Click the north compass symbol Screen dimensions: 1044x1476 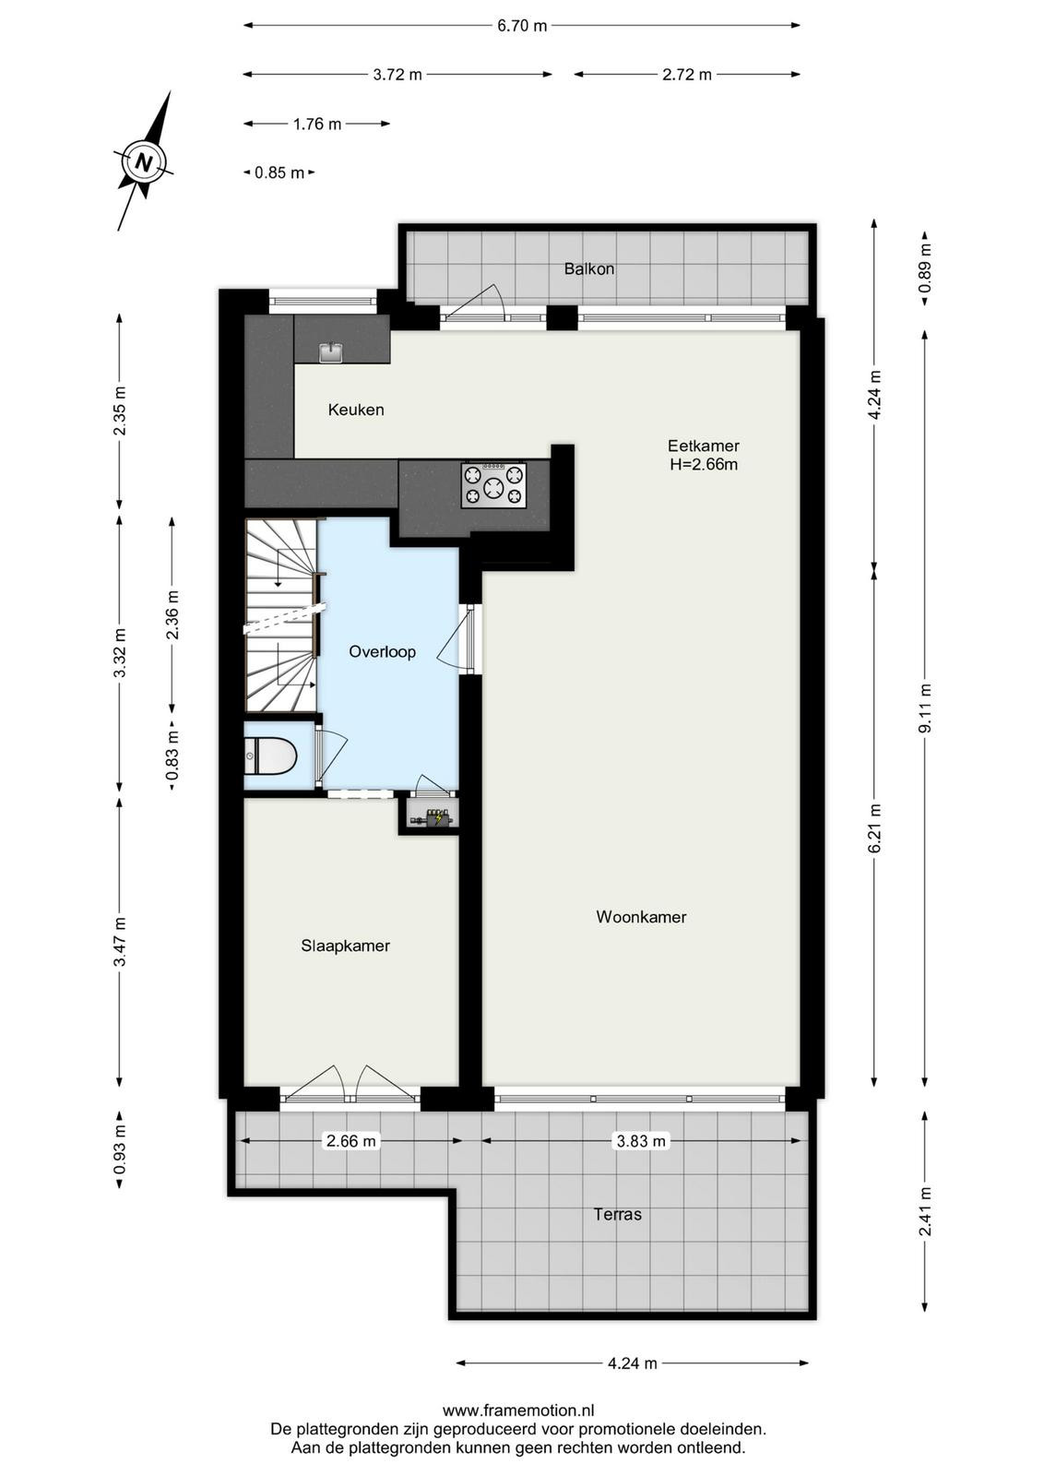pyautogui.click(x=144, y=161)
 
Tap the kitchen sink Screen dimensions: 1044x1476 pyautogui.click(x=331, y=351)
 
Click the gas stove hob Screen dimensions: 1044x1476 pyautogui.click(x=494, y=485)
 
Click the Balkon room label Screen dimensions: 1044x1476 pyautogui.click(x=588, y=268)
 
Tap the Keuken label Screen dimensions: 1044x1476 pyautogui.click(x=356, y=410)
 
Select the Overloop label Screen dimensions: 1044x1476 pyautogui.click(x=382, y=651)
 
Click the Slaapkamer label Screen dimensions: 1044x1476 pyautogui.click(x=345, y=946)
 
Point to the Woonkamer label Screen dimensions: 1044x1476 pyautogui.click(x=641, y=917)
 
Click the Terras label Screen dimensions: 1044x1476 pyautogui.click(x=617, y=1214)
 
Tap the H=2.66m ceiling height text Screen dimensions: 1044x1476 pyautogui.click(x=704, y=465)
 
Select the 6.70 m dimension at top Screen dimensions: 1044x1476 pyautogui.click(x=522, y=26)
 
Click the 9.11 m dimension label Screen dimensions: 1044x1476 pyautogui.click(x=925, y=708)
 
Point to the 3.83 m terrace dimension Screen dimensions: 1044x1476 pyautogui.click(x=640, y=1140)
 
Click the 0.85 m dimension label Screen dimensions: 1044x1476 pyautogui.click(x=279, y=173)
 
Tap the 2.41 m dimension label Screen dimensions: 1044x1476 pyautogui.click(x=925, y=1211)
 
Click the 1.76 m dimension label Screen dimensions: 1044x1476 pyautogui.click(x=317, y=124)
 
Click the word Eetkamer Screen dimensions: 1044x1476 pyautogui.click(x=704, y=446)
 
